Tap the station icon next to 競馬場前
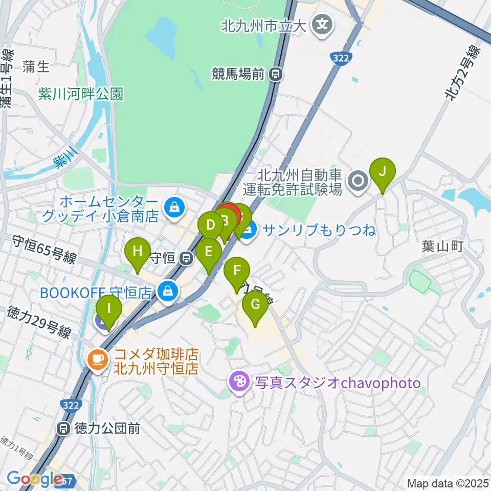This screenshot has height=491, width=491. coord(276,75)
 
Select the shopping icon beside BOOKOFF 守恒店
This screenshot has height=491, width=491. coord(167,293)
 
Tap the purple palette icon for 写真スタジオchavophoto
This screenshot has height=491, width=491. coord(239,383)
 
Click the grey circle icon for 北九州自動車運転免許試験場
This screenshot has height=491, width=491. coord(358,180)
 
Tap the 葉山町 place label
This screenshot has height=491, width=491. coord(442,247)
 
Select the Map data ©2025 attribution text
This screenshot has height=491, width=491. coord(447,483)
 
